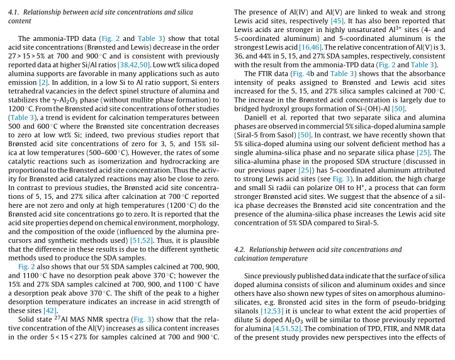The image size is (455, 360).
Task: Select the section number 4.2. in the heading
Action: point(242,250)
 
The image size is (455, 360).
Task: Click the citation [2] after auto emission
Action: point(43,82)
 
